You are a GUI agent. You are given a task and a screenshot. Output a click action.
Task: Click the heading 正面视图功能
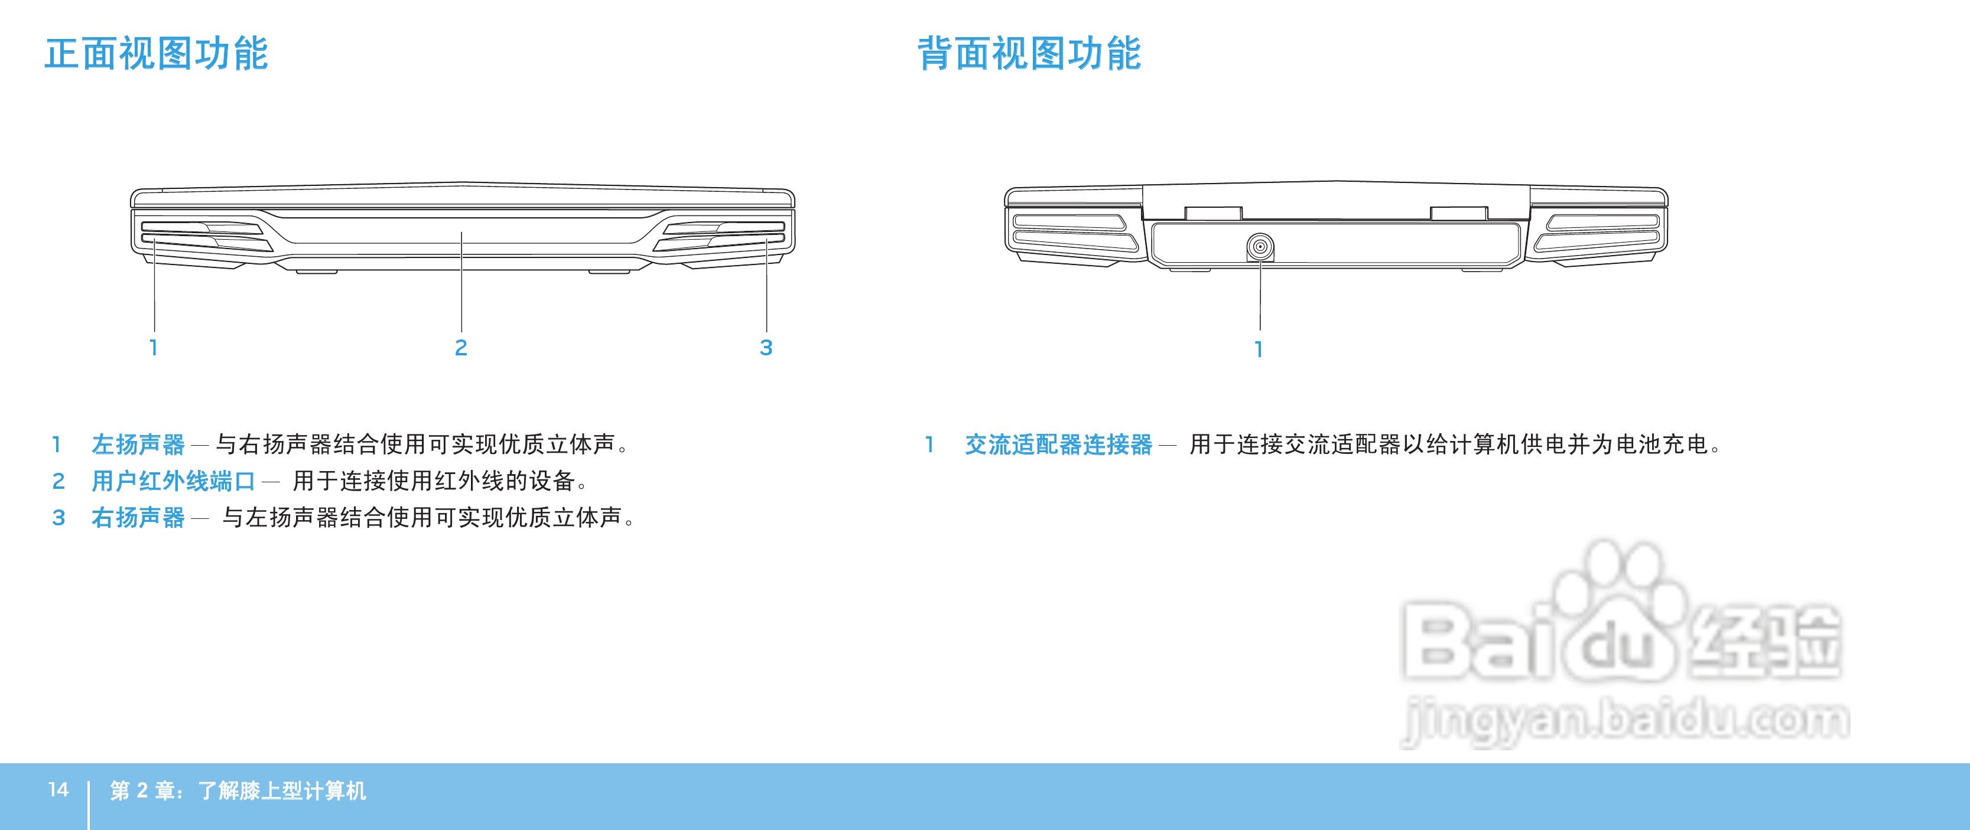coord(156,54)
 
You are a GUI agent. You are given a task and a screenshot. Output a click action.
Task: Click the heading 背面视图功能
coord(1029,54)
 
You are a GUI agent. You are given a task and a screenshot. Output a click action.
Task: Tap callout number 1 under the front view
coord(154,348)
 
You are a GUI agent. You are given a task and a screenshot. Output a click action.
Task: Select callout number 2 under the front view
coord(460,348)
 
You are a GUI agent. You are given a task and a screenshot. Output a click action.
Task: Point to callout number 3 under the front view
coord(766,348)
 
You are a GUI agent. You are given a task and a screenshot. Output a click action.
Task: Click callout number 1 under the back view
coord(1259,349)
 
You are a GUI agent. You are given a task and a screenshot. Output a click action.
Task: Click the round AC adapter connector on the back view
coord(1260,247)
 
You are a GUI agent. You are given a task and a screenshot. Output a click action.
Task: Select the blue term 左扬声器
coord(138,444)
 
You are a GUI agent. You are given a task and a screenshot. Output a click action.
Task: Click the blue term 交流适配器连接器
coord(1058,444)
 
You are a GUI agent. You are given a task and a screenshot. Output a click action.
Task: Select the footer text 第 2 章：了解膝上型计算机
coord(238,790)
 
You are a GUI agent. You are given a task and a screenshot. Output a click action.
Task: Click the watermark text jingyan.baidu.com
coord(1625,720)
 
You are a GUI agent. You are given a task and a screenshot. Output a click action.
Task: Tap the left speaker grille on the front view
coord(203,236)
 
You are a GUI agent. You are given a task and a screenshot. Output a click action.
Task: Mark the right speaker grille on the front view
coord(723,236)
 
